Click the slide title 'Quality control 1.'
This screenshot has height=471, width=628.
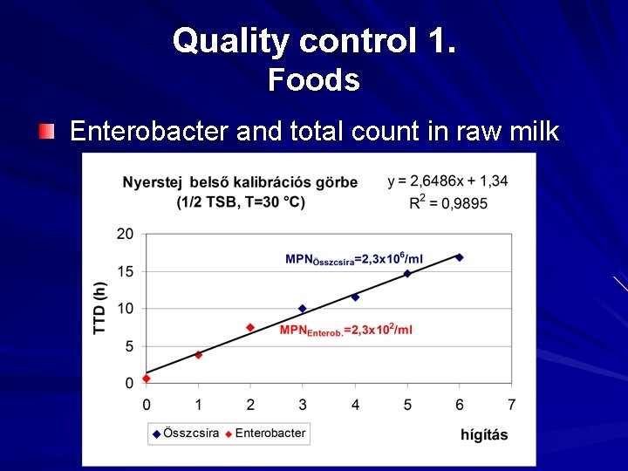pyautogui.click(x=313, y=40)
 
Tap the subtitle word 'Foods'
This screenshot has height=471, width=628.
pyautogui.click(x=313, y=80)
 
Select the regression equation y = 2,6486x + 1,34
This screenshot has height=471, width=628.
pyautogui.click(x=447, y=181)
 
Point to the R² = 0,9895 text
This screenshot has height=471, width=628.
pyautogui.click(x=448, y=202)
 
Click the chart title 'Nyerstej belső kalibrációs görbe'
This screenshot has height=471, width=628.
pyautogui.click(x=240, y=182)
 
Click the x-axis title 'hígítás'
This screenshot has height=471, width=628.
pyautogui.click(x=484, y=434)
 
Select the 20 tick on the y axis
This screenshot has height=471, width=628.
pyautogui.click(x=126, y=234)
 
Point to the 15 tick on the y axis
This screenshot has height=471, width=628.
pyautogui.click(x=126, y=271)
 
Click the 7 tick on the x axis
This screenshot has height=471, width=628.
pyautogui.click(x=511, y=404)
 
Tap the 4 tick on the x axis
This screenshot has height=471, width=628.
pyautogui.click(x=355, y=404)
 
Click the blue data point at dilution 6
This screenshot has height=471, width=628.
pyautogui.click(x=460, y=257)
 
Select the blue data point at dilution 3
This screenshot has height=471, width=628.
pyautogui.click(x=303, y=309)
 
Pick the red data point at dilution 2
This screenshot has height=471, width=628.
pyautogui.click(x=250, y=327)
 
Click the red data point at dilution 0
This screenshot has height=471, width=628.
pyautogui.click(x=147, y=378)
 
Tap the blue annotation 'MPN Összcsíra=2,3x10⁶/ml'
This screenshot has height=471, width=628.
pyautogui.click(x=354, y=260)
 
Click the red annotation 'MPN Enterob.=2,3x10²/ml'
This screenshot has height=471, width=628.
pyautogui.click(x=345, y=330)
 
